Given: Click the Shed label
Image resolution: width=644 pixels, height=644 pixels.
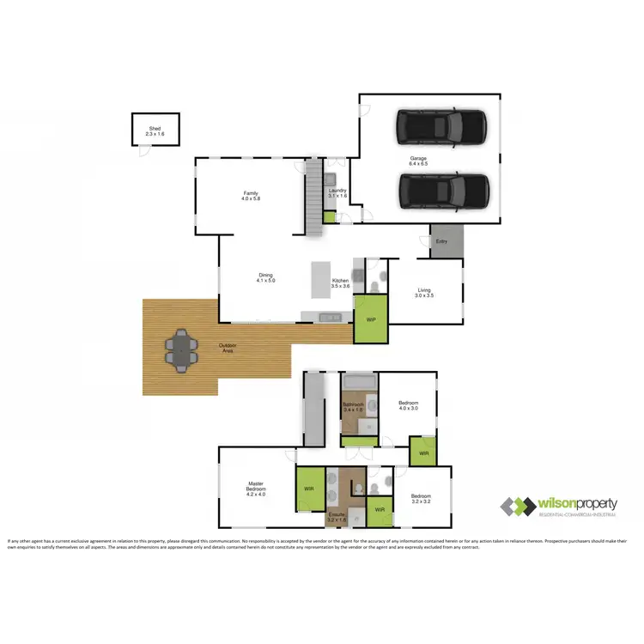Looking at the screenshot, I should pos(155,131).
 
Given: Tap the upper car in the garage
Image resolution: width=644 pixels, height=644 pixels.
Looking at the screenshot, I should pos(440,128).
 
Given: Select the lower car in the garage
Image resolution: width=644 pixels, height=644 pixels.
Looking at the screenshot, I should pos(444,191).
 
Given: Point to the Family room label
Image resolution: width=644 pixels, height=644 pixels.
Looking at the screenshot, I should pos(251,197).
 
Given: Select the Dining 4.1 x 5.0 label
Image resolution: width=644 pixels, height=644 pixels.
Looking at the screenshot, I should pos(265,277).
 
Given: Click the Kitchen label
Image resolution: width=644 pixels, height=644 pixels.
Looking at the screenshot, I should pos(341,283).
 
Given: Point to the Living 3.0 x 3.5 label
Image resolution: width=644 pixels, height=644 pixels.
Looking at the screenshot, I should pos(424,293).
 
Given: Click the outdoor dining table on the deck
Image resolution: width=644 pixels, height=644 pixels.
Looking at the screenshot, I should pos(181,351).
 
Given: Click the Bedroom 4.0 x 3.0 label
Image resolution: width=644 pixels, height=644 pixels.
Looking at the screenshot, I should pos(409,405).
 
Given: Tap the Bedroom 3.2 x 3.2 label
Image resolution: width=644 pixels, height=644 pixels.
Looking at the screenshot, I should pos(420,499).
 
